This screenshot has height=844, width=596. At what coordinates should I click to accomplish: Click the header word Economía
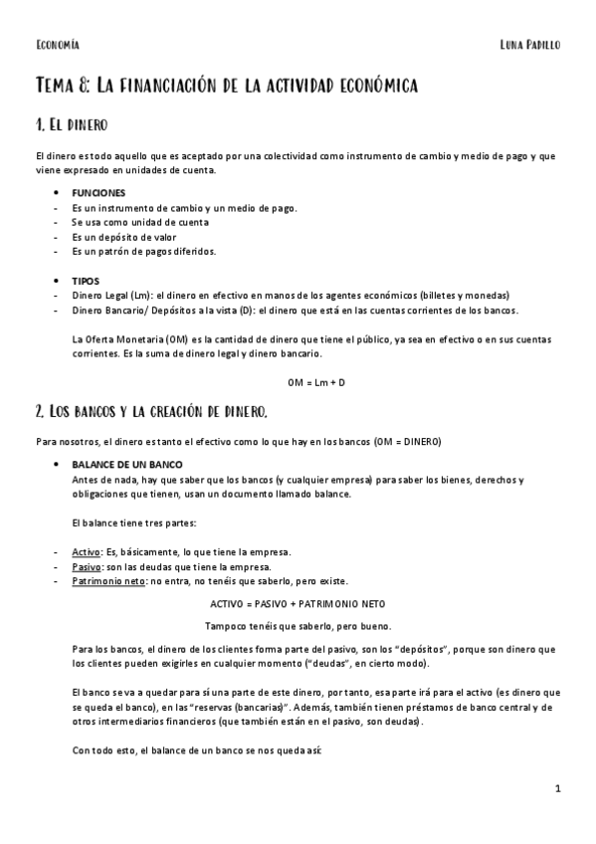tap(57, 45)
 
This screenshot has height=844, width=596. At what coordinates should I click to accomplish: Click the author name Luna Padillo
tap(530, 45)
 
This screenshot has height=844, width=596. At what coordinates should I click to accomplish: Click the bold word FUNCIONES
tap(99, 192)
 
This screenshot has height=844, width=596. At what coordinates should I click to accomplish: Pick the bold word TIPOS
tap(86, 281)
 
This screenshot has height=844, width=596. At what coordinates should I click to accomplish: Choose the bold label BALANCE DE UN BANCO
tap(126, 465)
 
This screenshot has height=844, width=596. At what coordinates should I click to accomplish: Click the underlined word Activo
tap(86, 551)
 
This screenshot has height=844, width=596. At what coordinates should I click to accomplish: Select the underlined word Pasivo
tap(86, 566)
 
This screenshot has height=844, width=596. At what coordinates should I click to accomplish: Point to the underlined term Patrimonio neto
tap(109, 581)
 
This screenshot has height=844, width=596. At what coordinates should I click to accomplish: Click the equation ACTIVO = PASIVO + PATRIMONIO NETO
tap(298, 603)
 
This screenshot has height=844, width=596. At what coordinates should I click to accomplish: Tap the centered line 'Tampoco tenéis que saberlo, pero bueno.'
tap(298, 626)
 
